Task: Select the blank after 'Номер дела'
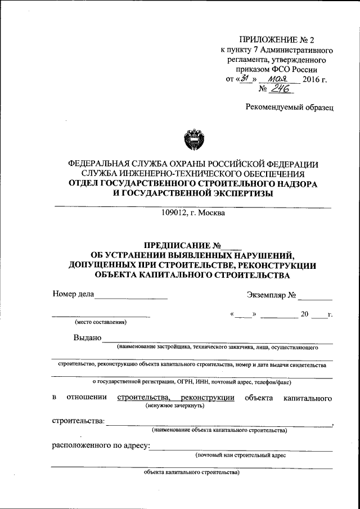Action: pyautogui.click(x=132, y=294)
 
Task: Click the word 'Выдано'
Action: pyautogui.click(x=87, y=337)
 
